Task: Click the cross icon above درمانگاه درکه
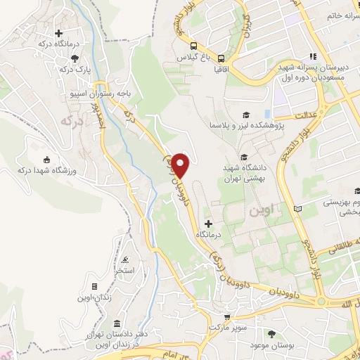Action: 60,33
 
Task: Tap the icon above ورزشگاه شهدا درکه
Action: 47,159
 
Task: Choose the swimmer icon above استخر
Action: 125,259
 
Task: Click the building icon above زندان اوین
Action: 94,288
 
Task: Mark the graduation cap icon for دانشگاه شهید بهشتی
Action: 244,157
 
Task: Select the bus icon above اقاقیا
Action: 221,59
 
